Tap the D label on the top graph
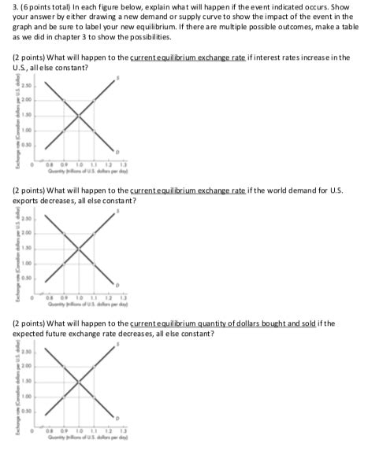point(117,150)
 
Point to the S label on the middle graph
point(117,210)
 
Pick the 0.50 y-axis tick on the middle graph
point(26,276)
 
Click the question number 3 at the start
point(7,7)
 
